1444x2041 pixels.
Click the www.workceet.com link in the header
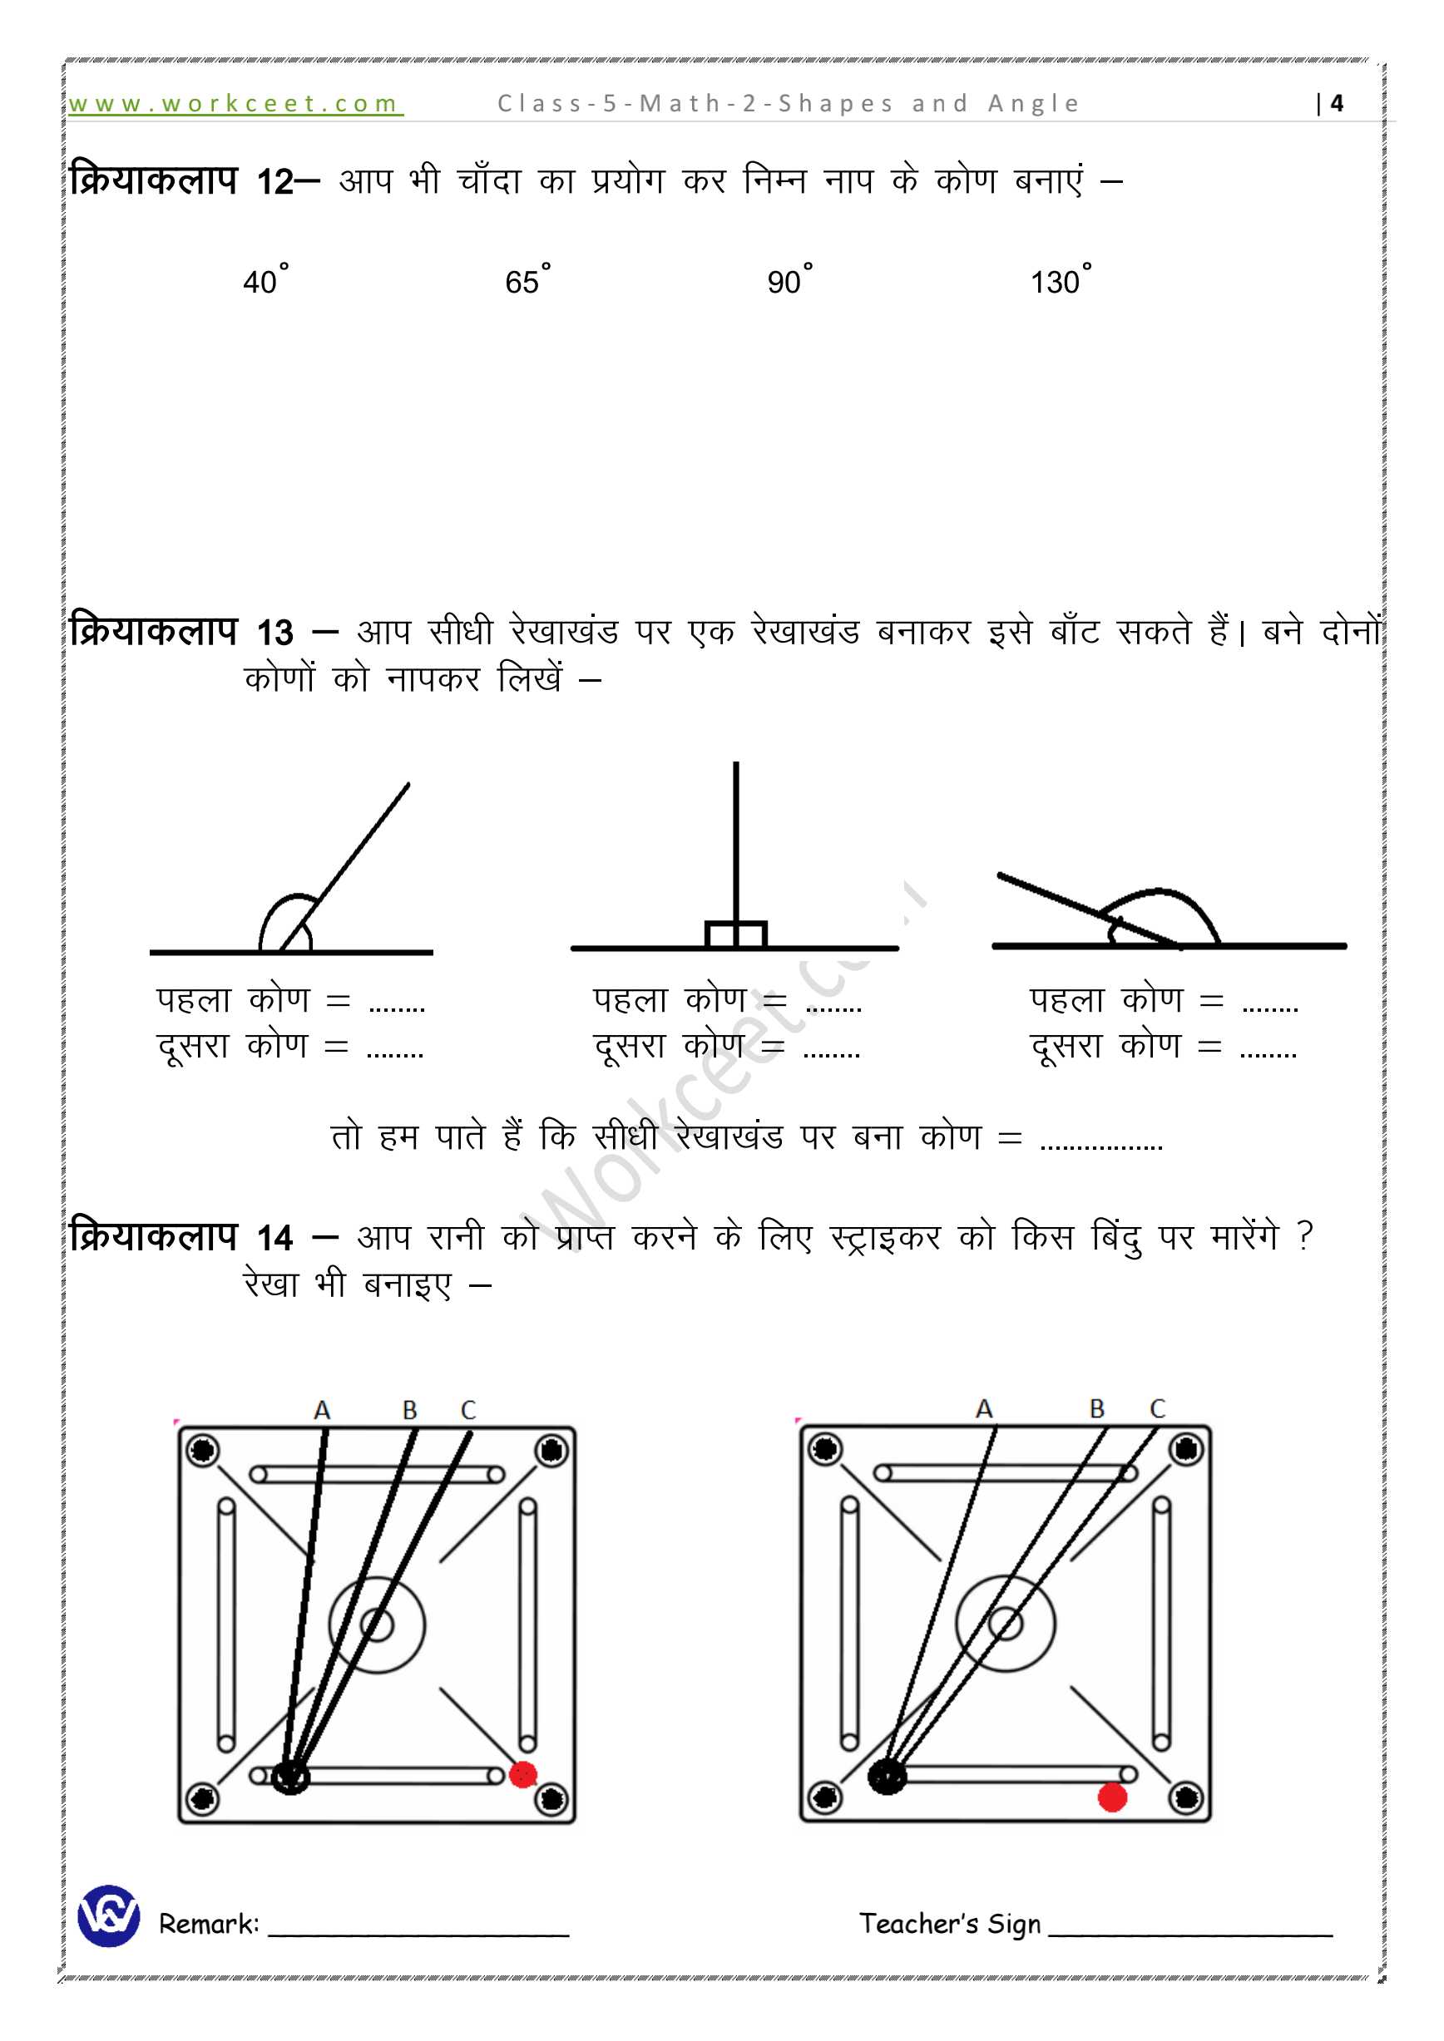point(235,104)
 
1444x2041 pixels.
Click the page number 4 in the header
point(1336,104)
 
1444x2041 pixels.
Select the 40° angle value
point(264,281)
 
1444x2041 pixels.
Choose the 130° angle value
point(1059,281)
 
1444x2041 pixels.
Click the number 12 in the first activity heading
point(275,182)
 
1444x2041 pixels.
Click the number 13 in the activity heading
point(275,633)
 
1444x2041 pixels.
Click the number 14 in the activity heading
point(275,1237)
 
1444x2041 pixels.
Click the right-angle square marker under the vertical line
point(735,934)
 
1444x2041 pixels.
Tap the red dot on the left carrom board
point(523,1775)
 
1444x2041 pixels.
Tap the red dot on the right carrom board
point(1112,1797)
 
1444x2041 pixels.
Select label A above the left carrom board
point(322,1410)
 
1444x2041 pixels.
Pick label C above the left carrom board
point(468,1410)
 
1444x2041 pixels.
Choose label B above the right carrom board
point(1097,1409)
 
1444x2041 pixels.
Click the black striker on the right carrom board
point(887,1776)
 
